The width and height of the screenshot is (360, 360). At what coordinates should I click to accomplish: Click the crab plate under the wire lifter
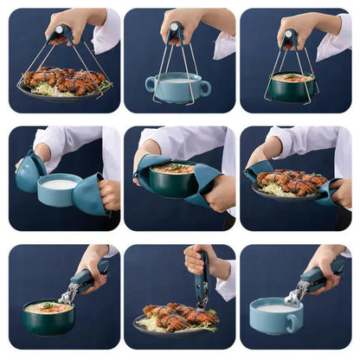(65, 83)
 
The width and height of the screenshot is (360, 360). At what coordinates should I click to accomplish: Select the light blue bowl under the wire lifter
(177, 89)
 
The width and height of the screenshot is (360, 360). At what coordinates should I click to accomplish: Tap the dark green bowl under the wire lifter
(290, 88)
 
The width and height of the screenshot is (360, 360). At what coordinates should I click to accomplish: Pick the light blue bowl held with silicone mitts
(61, 191)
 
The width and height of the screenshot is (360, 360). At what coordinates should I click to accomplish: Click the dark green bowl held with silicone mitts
(173, 182)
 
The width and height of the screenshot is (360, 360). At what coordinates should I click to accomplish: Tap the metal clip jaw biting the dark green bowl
(67, 297)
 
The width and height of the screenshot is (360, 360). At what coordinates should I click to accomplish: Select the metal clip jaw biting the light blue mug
(295, 297)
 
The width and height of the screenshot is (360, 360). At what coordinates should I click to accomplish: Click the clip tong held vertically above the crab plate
(202, 281)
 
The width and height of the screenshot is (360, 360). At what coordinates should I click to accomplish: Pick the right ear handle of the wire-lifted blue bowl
(205, 87)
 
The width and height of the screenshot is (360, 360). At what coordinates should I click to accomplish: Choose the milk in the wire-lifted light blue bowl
(177, 80)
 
